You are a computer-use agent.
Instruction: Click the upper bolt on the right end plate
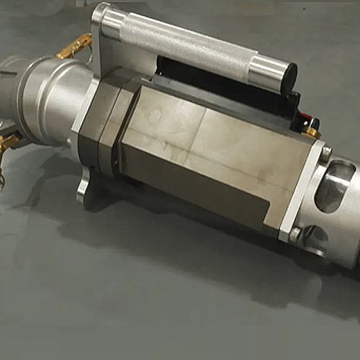click(325, 153)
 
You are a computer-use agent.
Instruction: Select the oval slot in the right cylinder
click(335, 186)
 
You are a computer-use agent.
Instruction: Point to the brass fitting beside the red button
click(312, 132)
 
